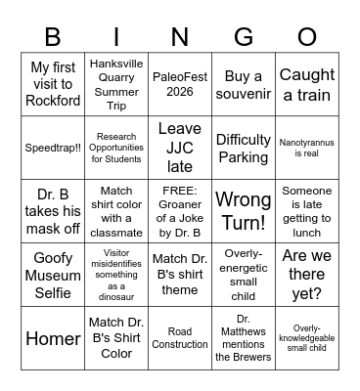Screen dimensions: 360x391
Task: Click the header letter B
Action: tap(53, 38)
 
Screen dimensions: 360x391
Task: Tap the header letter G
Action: tap(243, 38)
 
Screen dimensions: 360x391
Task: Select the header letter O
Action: tap(306, 38)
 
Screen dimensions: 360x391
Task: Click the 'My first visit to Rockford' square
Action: tap(53, 85)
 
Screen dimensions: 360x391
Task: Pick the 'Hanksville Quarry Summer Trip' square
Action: tap(115, 85)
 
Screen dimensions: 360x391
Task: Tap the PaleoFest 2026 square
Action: tap(179, 85)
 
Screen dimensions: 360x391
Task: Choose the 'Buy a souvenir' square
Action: tap(243, 85)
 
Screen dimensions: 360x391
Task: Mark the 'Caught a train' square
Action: tap(306, 85)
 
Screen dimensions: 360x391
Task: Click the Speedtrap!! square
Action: tap(53, 148)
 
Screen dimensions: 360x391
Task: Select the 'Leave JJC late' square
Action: tap(179, 148)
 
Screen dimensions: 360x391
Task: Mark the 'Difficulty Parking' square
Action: tap(243, 148)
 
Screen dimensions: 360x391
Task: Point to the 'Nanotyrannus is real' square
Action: tap(306, 148)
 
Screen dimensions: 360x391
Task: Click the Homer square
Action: tap(53, 338)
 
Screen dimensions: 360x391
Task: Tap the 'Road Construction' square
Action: tap(179, 338)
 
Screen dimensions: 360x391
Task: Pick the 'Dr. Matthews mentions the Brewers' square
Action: tap(243, 338)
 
